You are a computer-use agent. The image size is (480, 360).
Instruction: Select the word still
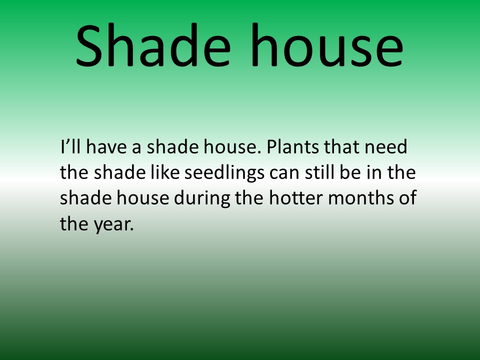319,172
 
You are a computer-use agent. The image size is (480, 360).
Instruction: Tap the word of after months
407,198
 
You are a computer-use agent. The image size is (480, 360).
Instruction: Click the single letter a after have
136,148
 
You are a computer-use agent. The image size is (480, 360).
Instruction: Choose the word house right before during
142,198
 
